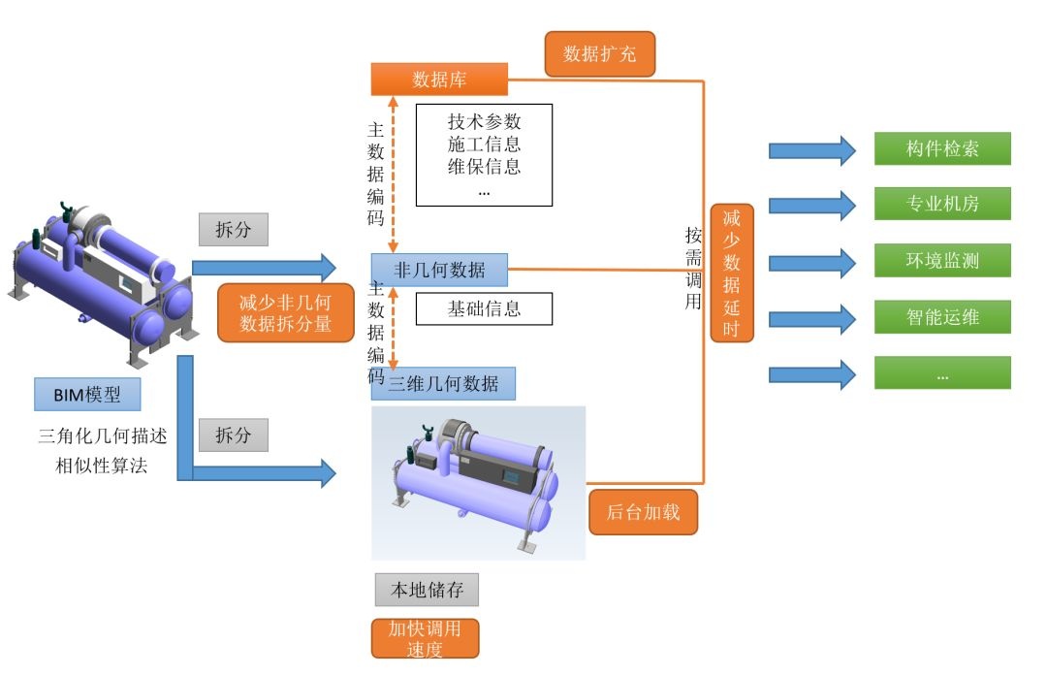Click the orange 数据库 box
click(x=439, y=79)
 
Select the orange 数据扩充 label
click(x=599, y=54)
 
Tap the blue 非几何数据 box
click(x=439, y=269)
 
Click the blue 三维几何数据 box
click(x=443, y=384)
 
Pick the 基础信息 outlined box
click(x=484, y=309)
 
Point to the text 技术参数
click(x=484, y=122)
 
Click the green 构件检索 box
click(x=942, y=149)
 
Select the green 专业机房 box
click(x=942, y=205)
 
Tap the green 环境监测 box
click(x=942, y=261)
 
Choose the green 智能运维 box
click(x=942, y=317)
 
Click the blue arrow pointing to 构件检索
click(x=811, y=150)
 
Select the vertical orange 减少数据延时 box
click(x=732, y=273)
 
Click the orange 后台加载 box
click(x=643, y=512)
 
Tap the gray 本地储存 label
click(x=427, y=590)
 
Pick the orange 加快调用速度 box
click(x=426, y=638)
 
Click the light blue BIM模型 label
click(x=86, y=395)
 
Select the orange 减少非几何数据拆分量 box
click(x=285, y=313)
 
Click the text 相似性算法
click(x=102, y=467)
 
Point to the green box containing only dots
click(x=942, y=372)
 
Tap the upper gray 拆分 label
click(x=233, y=229)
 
